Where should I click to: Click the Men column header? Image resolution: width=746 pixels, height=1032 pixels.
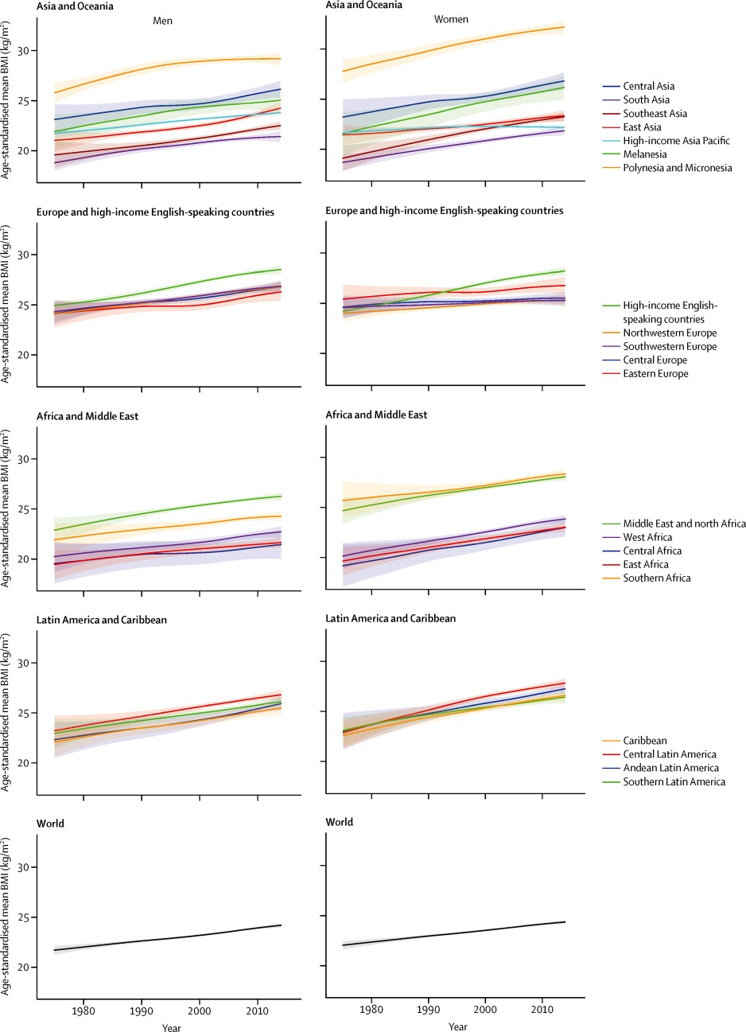(x=162, y=21)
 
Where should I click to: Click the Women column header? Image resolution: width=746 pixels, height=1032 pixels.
(x=451, y=19)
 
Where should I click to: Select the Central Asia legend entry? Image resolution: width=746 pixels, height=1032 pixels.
(x=648, y=86)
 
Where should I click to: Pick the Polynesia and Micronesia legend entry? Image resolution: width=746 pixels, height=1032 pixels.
(x=677, y=168)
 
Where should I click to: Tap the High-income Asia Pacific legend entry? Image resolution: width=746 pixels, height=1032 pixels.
(x=676, y=141)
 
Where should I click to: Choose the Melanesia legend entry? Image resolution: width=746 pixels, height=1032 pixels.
(x=645, y=154)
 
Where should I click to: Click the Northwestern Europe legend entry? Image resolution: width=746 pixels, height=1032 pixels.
(x=670, y=333)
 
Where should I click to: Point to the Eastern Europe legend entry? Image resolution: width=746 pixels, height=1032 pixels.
(x=655, y=374)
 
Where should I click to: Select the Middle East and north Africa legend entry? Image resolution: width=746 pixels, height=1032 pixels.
(x=684, y=524)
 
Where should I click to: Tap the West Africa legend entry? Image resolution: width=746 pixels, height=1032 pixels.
(x=647, y=537)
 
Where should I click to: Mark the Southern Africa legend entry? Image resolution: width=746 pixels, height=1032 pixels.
(x=656, y=578)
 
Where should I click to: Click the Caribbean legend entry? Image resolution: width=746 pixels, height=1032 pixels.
(x=645, y=741)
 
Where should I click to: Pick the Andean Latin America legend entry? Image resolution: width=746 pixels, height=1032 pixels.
(x=670, y=768)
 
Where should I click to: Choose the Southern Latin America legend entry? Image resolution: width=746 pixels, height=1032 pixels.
(x=674, y=781)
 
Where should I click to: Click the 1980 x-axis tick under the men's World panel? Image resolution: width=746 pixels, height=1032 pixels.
(x=84, y=1011)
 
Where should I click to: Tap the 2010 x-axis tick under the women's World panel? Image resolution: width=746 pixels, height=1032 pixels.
(x=543, y=1009)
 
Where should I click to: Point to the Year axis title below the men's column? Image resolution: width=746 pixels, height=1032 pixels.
(x=171, y=1028)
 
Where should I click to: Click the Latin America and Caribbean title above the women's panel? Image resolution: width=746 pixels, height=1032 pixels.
(x=390, y=618)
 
